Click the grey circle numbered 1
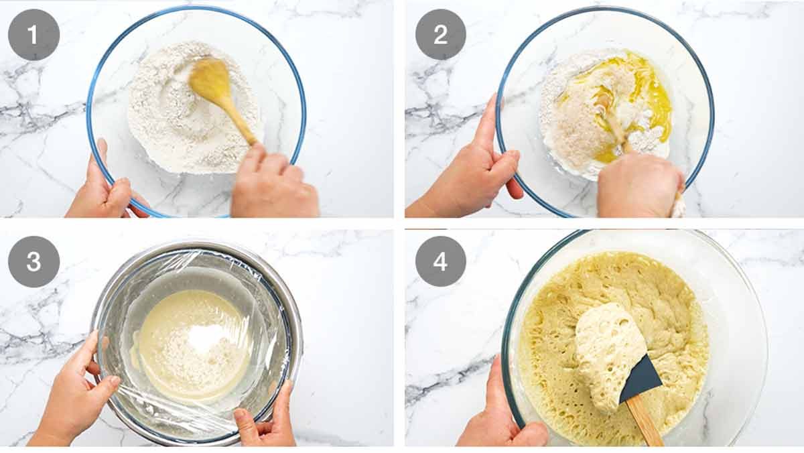pyautogui.click(x=33, y=34)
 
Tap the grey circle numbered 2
pyautogui.click(x=441, y=34)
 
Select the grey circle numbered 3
pyautogui.click(x=33, y=261)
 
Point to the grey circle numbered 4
pyautogui.click(x=441, y=261)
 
